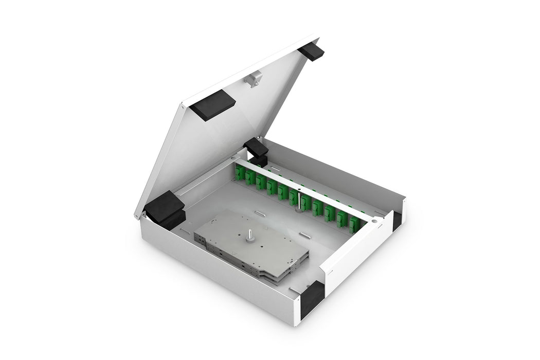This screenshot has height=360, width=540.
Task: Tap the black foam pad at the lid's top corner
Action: click(x=311, y=51)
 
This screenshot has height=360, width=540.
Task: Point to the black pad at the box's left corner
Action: click(x=164, y=209)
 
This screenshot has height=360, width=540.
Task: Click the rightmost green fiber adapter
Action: click(x=354, y=225)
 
